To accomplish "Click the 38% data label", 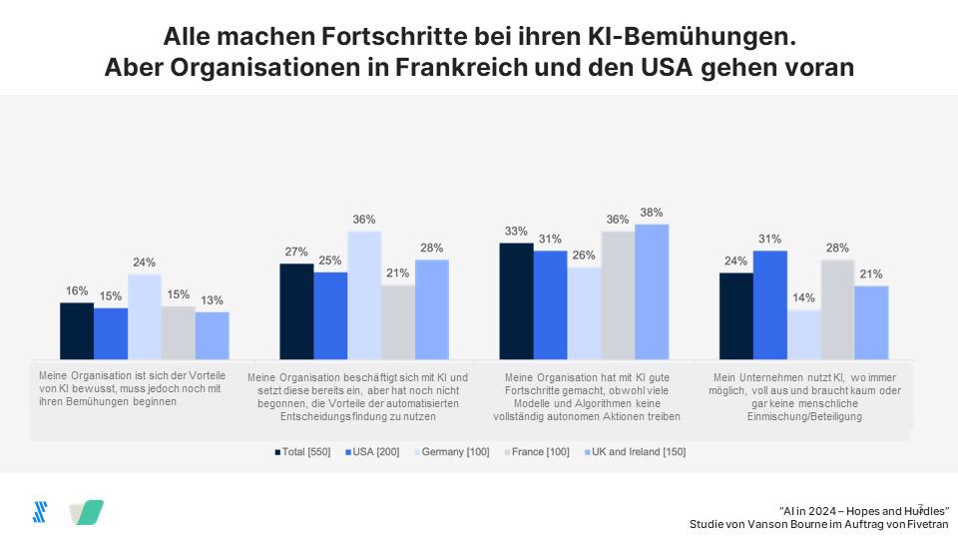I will pyautogui.click(x=652, y=213).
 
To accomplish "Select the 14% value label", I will pyautogui.click(x=804, y=297).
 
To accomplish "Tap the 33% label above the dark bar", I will pyautogui.click(x=516, y=232).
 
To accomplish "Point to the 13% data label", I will pyautogui.click(x=212, y=300).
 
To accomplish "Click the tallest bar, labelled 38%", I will pyautogui.click(x=652, y=290).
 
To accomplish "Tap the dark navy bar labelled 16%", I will pyautogui.click(x=77, y=330).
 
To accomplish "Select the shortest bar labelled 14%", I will pyautogui.click(x=804, y=333).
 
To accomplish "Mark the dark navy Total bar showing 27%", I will pyautogui.click(x=296, y=310).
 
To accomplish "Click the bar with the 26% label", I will pyautogui.click(x=584, y=312).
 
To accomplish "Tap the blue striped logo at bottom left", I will pyautogui.click(x=40, y=512).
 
